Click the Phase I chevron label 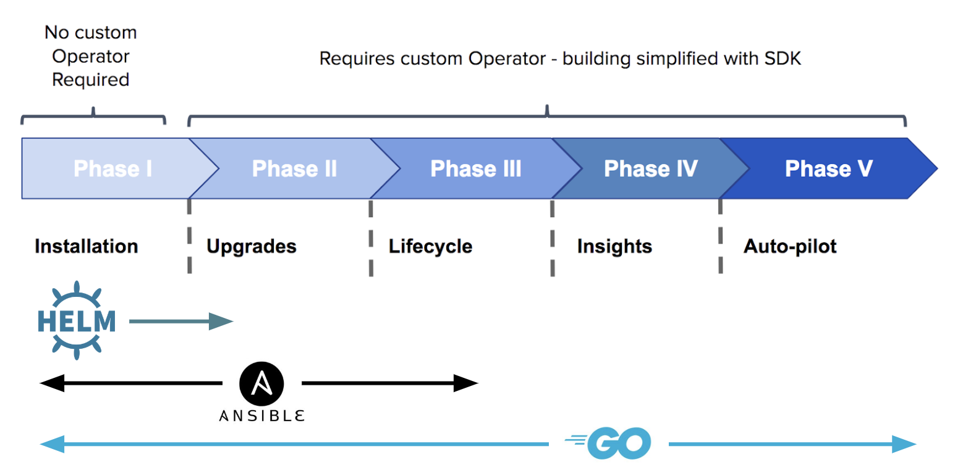tap(112, 168)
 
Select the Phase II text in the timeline tap(294, 168)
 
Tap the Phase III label tap(475, 168)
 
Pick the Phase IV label tap(650, 168)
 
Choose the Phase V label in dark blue tap(828, 168)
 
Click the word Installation tap(86, 246)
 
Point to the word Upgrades tap(251, 246)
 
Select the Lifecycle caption tap(430, 246)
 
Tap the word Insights tap(614, 246)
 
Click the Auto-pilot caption tap(789, 246)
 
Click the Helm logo tap(76, 320)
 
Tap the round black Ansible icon tap(261, 383)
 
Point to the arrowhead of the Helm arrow tap(223, 321)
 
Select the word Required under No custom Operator tap(90, 80)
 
